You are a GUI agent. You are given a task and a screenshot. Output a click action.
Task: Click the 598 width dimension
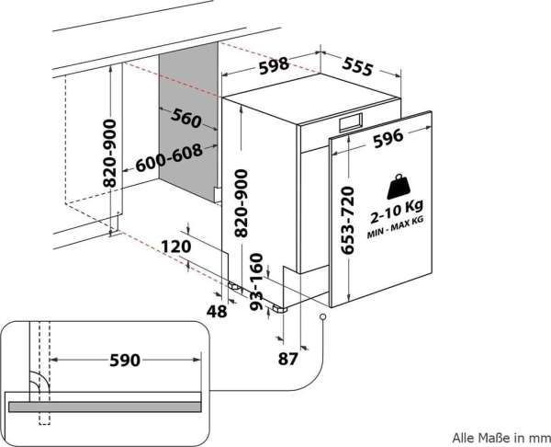[x=274, y=66]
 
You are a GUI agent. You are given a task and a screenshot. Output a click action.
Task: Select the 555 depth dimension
[x=357, y=66]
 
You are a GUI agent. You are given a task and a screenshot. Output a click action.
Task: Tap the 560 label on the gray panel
[x=186, y=118]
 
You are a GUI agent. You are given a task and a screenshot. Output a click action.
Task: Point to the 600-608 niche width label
[x=169, y=158]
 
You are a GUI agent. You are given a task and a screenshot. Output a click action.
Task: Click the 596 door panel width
[x=388, y=138]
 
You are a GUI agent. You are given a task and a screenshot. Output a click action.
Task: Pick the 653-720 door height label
[x=347, y=221]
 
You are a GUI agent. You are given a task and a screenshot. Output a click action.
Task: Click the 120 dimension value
[x=176, y=246]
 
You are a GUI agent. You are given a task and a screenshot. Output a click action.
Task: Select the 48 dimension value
[x=217, y=311]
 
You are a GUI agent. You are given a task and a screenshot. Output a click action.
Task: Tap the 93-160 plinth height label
[x=256, y=281]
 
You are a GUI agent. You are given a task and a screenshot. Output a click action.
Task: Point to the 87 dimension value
[x=287, y=359]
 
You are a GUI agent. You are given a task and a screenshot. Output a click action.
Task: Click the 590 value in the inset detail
[x=125, y=360]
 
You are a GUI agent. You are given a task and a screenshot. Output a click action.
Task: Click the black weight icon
[x=399, y=187]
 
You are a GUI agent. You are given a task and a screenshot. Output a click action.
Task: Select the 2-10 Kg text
[x=397, y=212]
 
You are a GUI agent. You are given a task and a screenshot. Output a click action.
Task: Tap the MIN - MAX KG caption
[x=395, y=228]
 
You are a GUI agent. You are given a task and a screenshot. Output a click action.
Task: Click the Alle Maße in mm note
[x=500, y=438]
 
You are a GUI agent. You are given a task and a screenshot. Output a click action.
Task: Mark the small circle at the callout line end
[x=322, y=316]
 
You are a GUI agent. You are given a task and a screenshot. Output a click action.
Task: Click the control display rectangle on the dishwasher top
[x=351, y=121]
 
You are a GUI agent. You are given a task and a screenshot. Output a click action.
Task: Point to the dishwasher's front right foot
[x=279, y=309]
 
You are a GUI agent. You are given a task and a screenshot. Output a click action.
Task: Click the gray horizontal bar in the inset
[x=105, y=407]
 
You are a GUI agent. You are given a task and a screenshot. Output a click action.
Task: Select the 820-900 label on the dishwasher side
[x=242, y=203]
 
